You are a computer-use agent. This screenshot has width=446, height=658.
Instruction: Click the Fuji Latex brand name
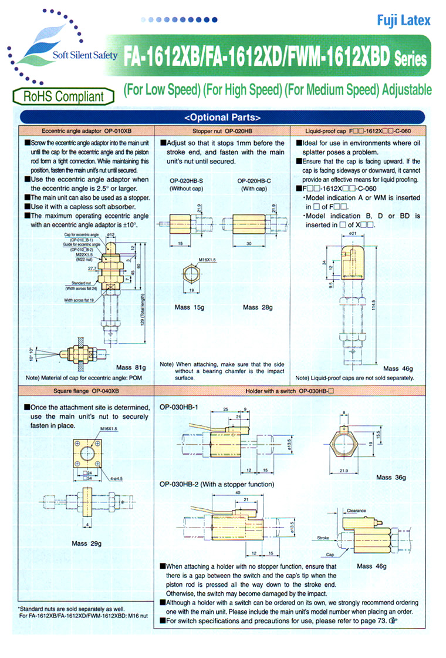point(404,21)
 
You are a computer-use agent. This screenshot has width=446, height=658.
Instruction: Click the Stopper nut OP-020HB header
point(222,130)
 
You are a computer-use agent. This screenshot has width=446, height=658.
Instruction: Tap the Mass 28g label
point(259,307)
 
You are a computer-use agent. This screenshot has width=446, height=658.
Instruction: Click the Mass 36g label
point(391,477)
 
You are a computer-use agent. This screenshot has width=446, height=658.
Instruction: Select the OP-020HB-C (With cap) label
point(254,184)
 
